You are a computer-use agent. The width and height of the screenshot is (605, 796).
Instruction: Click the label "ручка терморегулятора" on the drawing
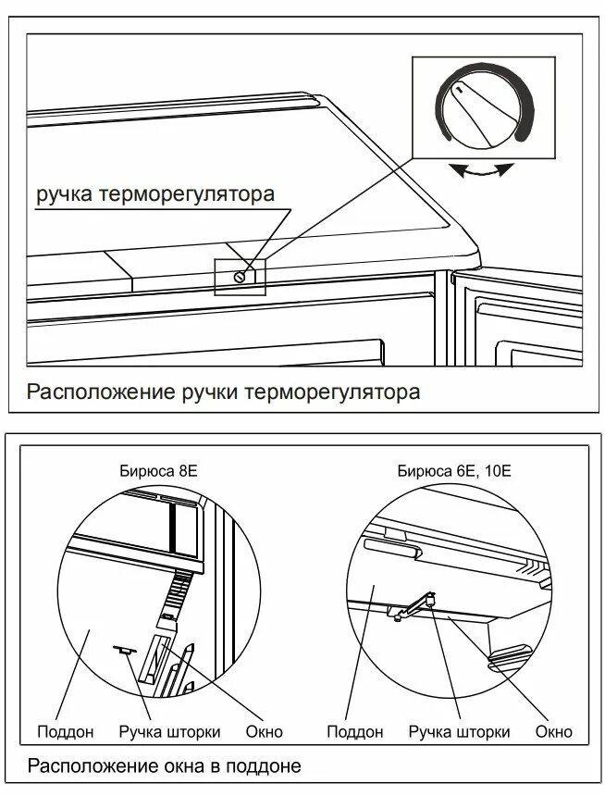[155, 195]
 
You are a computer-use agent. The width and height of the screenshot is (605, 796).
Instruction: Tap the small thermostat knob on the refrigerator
[241, 276]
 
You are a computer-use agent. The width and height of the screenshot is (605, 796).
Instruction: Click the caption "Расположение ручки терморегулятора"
[223, 392]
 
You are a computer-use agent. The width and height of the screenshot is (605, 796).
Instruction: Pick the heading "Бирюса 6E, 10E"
[454, 470]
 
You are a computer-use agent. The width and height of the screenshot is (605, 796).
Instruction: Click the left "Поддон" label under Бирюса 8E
[65, 732]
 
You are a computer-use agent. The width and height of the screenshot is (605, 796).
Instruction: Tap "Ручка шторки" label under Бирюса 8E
[169, 732]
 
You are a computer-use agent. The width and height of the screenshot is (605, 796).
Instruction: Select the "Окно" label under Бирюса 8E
[264, 732]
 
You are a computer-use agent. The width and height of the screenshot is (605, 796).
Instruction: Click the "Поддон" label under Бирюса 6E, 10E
[354, 732]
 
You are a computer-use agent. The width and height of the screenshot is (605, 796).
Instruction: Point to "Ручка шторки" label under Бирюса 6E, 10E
[459, 732]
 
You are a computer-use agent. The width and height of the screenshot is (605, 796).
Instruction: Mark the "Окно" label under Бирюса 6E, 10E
[553, 732]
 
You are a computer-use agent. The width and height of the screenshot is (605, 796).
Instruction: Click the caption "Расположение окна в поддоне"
[164, 766]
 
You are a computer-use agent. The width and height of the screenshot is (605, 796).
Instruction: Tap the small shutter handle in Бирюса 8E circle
[123, 651]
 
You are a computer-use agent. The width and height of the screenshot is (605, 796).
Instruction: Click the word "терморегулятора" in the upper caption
[332, 392]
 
